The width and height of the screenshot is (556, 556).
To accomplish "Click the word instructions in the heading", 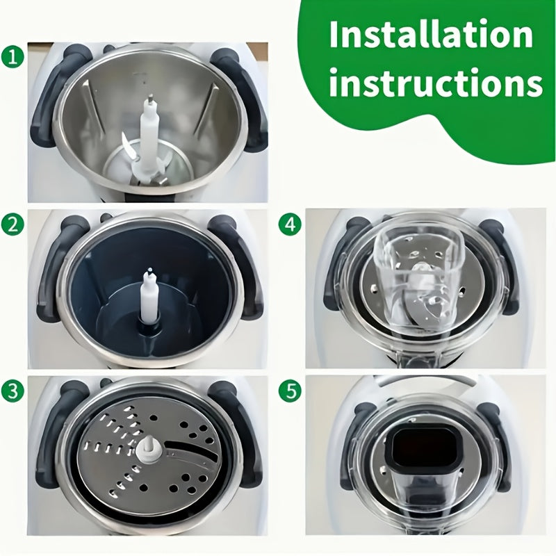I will (x=436, y=83).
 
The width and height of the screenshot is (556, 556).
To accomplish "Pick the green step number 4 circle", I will (x=288, y=224).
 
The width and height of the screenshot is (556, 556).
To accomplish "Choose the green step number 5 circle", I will (x=288, y=390).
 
